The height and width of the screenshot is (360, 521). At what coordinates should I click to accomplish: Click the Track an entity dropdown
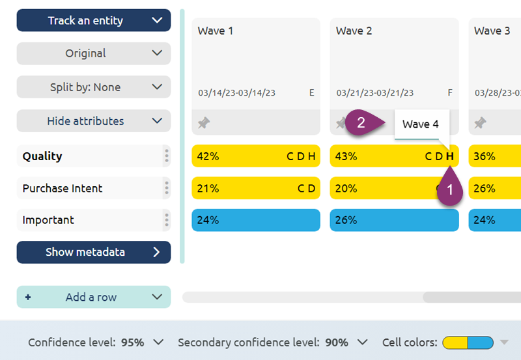[93, 20]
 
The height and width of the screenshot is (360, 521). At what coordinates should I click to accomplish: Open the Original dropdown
[93, 53]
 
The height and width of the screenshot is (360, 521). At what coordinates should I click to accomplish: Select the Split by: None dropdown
[93, 87]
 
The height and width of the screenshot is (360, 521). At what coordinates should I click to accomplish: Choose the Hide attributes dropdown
[93, 121]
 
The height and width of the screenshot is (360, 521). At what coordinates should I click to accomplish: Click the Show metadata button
[93, 252]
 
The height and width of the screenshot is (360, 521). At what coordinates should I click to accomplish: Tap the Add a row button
[93, 297]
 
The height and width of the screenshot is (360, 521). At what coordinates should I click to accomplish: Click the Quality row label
[42, 156]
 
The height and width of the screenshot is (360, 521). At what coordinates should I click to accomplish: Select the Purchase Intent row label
[63, 188]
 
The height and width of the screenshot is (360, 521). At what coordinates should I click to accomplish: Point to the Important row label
[48, 220]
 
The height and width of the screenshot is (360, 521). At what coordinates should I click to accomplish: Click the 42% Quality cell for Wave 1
[255, 156]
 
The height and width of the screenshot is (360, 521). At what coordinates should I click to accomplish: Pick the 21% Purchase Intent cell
[255, 188]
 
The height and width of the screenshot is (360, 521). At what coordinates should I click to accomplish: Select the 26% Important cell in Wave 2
[394, 220]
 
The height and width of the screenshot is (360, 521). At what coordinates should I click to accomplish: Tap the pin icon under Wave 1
[204, 122]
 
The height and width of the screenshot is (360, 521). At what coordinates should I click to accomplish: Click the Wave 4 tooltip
[421, 124]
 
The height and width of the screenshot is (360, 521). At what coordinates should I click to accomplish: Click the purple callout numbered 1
[448, 191]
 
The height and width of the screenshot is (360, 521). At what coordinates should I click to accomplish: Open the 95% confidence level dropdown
[142, 342]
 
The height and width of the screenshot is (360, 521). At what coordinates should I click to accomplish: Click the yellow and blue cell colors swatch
[468, 342]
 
